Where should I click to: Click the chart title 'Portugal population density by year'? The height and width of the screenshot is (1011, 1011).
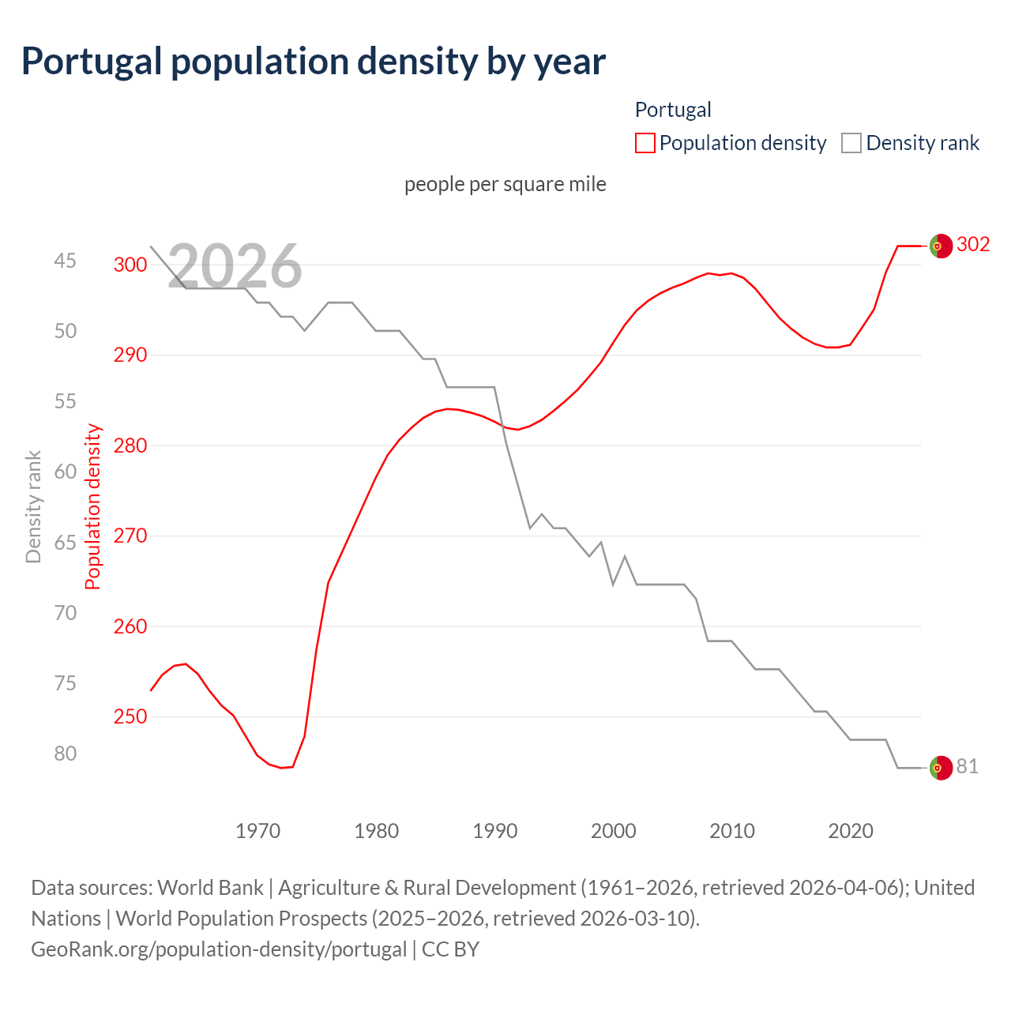(313, 62)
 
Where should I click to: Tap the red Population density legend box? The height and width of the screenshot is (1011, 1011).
(645, 143)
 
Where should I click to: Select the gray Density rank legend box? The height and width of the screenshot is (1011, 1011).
(851, 143)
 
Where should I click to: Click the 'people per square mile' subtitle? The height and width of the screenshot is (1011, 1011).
(505, 184)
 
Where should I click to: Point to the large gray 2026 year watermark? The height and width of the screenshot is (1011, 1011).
(235, 266)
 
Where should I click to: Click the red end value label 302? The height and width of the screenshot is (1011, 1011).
(973, 245)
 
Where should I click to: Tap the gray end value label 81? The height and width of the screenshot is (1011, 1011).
(968, 766)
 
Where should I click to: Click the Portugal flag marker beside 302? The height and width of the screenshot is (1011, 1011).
(941, 246)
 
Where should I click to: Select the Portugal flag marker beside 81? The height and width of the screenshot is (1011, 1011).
(941, 768)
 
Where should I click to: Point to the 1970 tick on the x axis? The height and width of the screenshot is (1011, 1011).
(258, 831)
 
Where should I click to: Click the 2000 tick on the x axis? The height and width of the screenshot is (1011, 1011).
(614, 831)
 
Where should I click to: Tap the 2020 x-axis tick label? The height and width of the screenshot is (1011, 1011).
(851, 831)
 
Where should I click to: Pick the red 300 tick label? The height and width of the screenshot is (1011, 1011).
(130, 265)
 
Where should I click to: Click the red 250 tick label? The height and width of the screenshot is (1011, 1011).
(130, 716)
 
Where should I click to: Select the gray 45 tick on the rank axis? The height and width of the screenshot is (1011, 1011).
(66, 261)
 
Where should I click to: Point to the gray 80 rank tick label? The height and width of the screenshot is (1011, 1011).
(66, 754)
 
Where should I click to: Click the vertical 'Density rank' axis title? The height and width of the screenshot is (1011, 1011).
(33, 507)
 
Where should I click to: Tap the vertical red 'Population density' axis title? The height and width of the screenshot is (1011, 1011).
(93, 507)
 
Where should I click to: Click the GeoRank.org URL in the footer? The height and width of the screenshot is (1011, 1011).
(219, 949)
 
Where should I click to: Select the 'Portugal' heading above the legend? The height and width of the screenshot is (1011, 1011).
(673, 110)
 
